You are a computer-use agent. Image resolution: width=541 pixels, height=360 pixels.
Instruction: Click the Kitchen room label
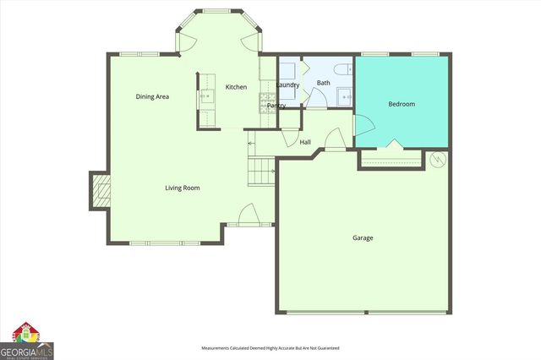coord(236,87)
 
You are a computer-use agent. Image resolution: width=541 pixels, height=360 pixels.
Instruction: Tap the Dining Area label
coord(152,96)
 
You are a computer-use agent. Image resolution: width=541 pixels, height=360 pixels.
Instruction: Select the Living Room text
coord(182,188)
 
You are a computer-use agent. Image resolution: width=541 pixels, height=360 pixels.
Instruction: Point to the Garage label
coord(363,237)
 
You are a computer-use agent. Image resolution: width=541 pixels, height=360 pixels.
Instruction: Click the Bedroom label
coord(401,104)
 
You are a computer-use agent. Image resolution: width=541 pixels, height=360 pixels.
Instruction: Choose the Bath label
coord(323,83)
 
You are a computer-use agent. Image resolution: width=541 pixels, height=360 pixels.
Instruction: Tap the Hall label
coord(305,142)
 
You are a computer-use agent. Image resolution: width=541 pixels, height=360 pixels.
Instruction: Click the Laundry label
coord(287,85)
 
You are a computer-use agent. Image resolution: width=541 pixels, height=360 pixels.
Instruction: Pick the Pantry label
coord(276,105)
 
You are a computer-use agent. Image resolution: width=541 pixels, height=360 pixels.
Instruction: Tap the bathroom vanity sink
coord(346,97)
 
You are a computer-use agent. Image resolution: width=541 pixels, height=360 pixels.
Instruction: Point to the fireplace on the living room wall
coord(100,192)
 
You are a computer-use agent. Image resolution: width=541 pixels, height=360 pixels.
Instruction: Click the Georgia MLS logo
coord(27,341)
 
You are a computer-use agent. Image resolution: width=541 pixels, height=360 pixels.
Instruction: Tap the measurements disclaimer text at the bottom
coord(270,348)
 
